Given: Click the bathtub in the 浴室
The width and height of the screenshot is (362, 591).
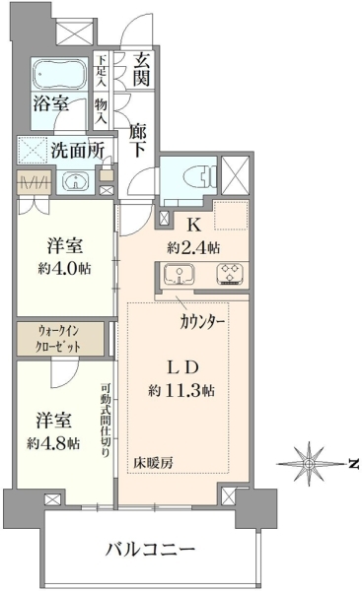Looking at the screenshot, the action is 60,75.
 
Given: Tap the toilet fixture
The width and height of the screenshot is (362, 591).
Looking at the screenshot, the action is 200,176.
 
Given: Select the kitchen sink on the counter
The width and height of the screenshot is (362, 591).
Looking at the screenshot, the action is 179,274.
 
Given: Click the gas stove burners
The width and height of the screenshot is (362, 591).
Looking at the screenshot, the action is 230,274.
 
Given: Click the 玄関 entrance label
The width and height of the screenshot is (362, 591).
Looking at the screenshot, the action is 142,69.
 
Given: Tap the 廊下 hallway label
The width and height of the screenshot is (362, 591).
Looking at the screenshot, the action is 138,140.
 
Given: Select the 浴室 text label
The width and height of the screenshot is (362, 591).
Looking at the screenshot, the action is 51,103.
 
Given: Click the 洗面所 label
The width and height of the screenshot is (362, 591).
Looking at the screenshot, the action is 77,151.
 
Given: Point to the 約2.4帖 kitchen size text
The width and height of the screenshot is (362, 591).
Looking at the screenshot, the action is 193,247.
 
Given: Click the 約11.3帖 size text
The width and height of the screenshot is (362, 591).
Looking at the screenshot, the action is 181,390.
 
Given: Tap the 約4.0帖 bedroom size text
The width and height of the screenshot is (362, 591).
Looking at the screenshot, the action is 64,268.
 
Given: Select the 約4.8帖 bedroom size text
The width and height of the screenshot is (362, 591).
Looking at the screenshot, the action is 53,443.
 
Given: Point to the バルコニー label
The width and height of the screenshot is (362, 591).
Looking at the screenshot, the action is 150,550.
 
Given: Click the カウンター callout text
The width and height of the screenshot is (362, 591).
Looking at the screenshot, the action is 202,322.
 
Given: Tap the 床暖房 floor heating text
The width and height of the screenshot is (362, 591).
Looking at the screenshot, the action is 153,463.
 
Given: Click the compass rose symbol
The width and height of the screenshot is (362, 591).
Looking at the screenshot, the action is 310,463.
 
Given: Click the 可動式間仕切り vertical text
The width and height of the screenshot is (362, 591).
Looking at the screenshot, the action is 106,421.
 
